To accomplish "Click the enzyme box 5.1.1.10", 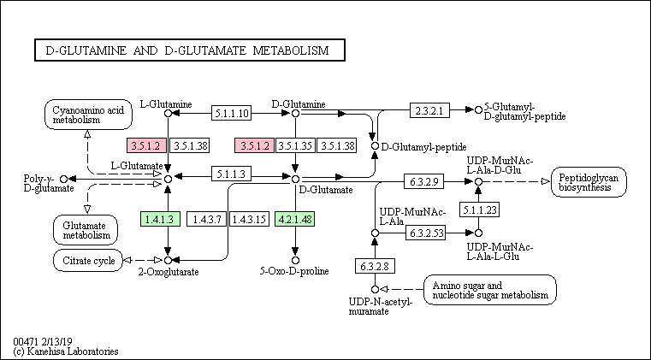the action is tap(232, 113).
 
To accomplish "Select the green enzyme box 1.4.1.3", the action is tap(160, 219).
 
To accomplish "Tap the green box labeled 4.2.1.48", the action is tap(294, 219).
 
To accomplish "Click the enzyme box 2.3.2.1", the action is tap(429, 110).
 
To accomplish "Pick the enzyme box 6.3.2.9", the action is tap(424, 181).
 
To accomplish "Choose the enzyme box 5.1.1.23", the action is tap(479, 210).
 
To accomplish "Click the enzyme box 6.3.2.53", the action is tap(425, 233).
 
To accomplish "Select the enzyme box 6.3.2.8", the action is tap(375, 266).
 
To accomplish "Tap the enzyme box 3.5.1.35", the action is tap(296, 145).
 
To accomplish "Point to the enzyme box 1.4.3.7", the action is tap(206, 219).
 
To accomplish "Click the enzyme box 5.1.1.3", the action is tap(232, 174).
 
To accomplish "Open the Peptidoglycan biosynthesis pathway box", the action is tap(589, 182).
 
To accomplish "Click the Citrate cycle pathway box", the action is tap(88, 260).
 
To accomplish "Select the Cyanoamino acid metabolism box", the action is tap(88, 115).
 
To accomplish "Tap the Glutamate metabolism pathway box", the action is tap(86, 230).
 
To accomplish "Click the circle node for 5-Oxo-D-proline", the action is tap(295, 260).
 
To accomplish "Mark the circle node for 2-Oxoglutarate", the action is tap(168, 260).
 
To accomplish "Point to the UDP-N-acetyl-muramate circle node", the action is tap(375, 289).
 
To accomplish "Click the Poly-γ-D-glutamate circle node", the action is tap(63, 179).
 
